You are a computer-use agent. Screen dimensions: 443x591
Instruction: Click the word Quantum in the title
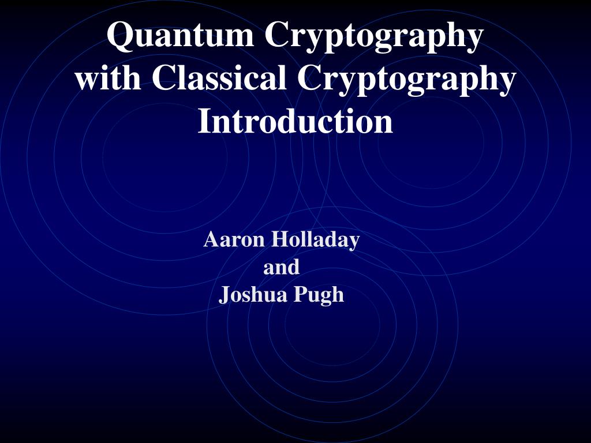click(181, 36)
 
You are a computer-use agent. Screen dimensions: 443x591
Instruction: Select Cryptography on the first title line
click(373, 36)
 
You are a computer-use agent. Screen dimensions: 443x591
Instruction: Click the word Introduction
click(295, 121)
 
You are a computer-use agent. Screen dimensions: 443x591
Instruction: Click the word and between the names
click(282, 267)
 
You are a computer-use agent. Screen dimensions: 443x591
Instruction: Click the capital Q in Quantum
click(119, 36)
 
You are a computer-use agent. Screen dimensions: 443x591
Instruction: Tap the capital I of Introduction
click(204, 121)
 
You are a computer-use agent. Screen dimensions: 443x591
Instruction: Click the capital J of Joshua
click(224, 295)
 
